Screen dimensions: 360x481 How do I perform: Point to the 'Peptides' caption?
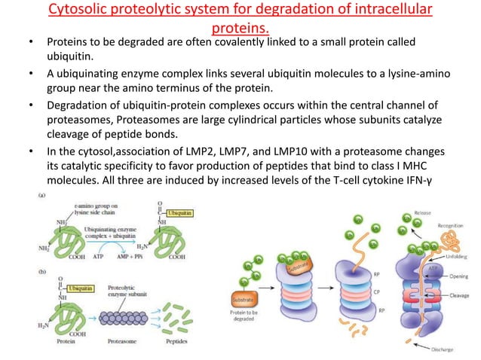click(x=175, y=350)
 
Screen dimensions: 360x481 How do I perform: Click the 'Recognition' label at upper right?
click(x=455, y=224)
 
